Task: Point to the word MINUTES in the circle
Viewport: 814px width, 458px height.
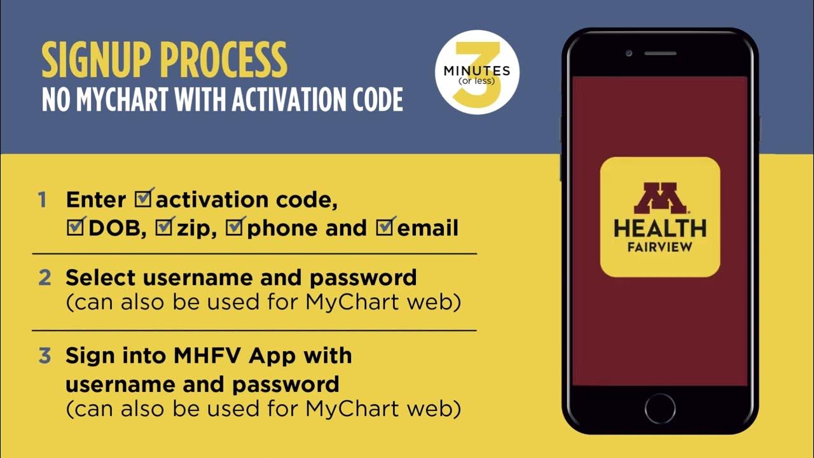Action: [x=477, y=71]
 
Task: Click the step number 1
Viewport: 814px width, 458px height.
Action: [x=43, y=200]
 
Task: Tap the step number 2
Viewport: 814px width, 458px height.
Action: [x=44, y=278]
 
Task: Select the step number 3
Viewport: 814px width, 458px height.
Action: [x=44, y=356]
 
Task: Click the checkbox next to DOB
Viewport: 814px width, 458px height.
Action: [x=76, y=227]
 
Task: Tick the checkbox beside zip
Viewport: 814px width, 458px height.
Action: [x=165, y=227]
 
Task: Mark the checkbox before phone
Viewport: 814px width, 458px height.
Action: [x=237, y=227]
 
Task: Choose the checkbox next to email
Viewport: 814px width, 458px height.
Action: [x=386, y=227]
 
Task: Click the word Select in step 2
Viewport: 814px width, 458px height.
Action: [x=100, y=277]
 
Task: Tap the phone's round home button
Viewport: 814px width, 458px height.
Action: [x=659, y=407]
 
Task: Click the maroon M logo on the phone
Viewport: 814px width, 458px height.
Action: [x=659, y=198]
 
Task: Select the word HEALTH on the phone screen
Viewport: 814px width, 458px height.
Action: [x=659, y=228]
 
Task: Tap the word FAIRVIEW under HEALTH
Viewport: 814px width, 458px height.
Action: [x=659, y=247]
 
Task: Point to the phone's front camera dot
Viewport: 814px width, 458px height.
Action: [x=628, y=53]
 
